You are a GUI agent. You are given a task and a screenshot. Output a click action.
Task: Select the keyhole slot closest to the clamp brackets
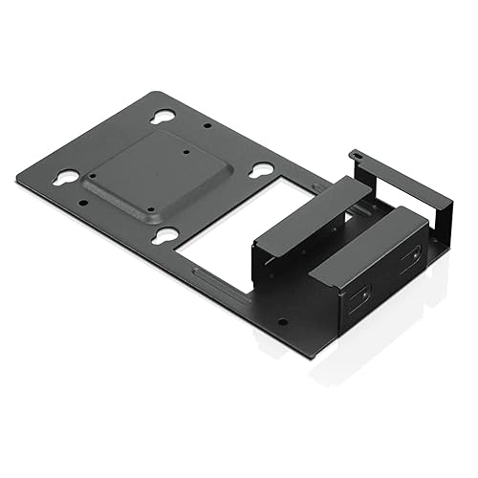tap(261, 170)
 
